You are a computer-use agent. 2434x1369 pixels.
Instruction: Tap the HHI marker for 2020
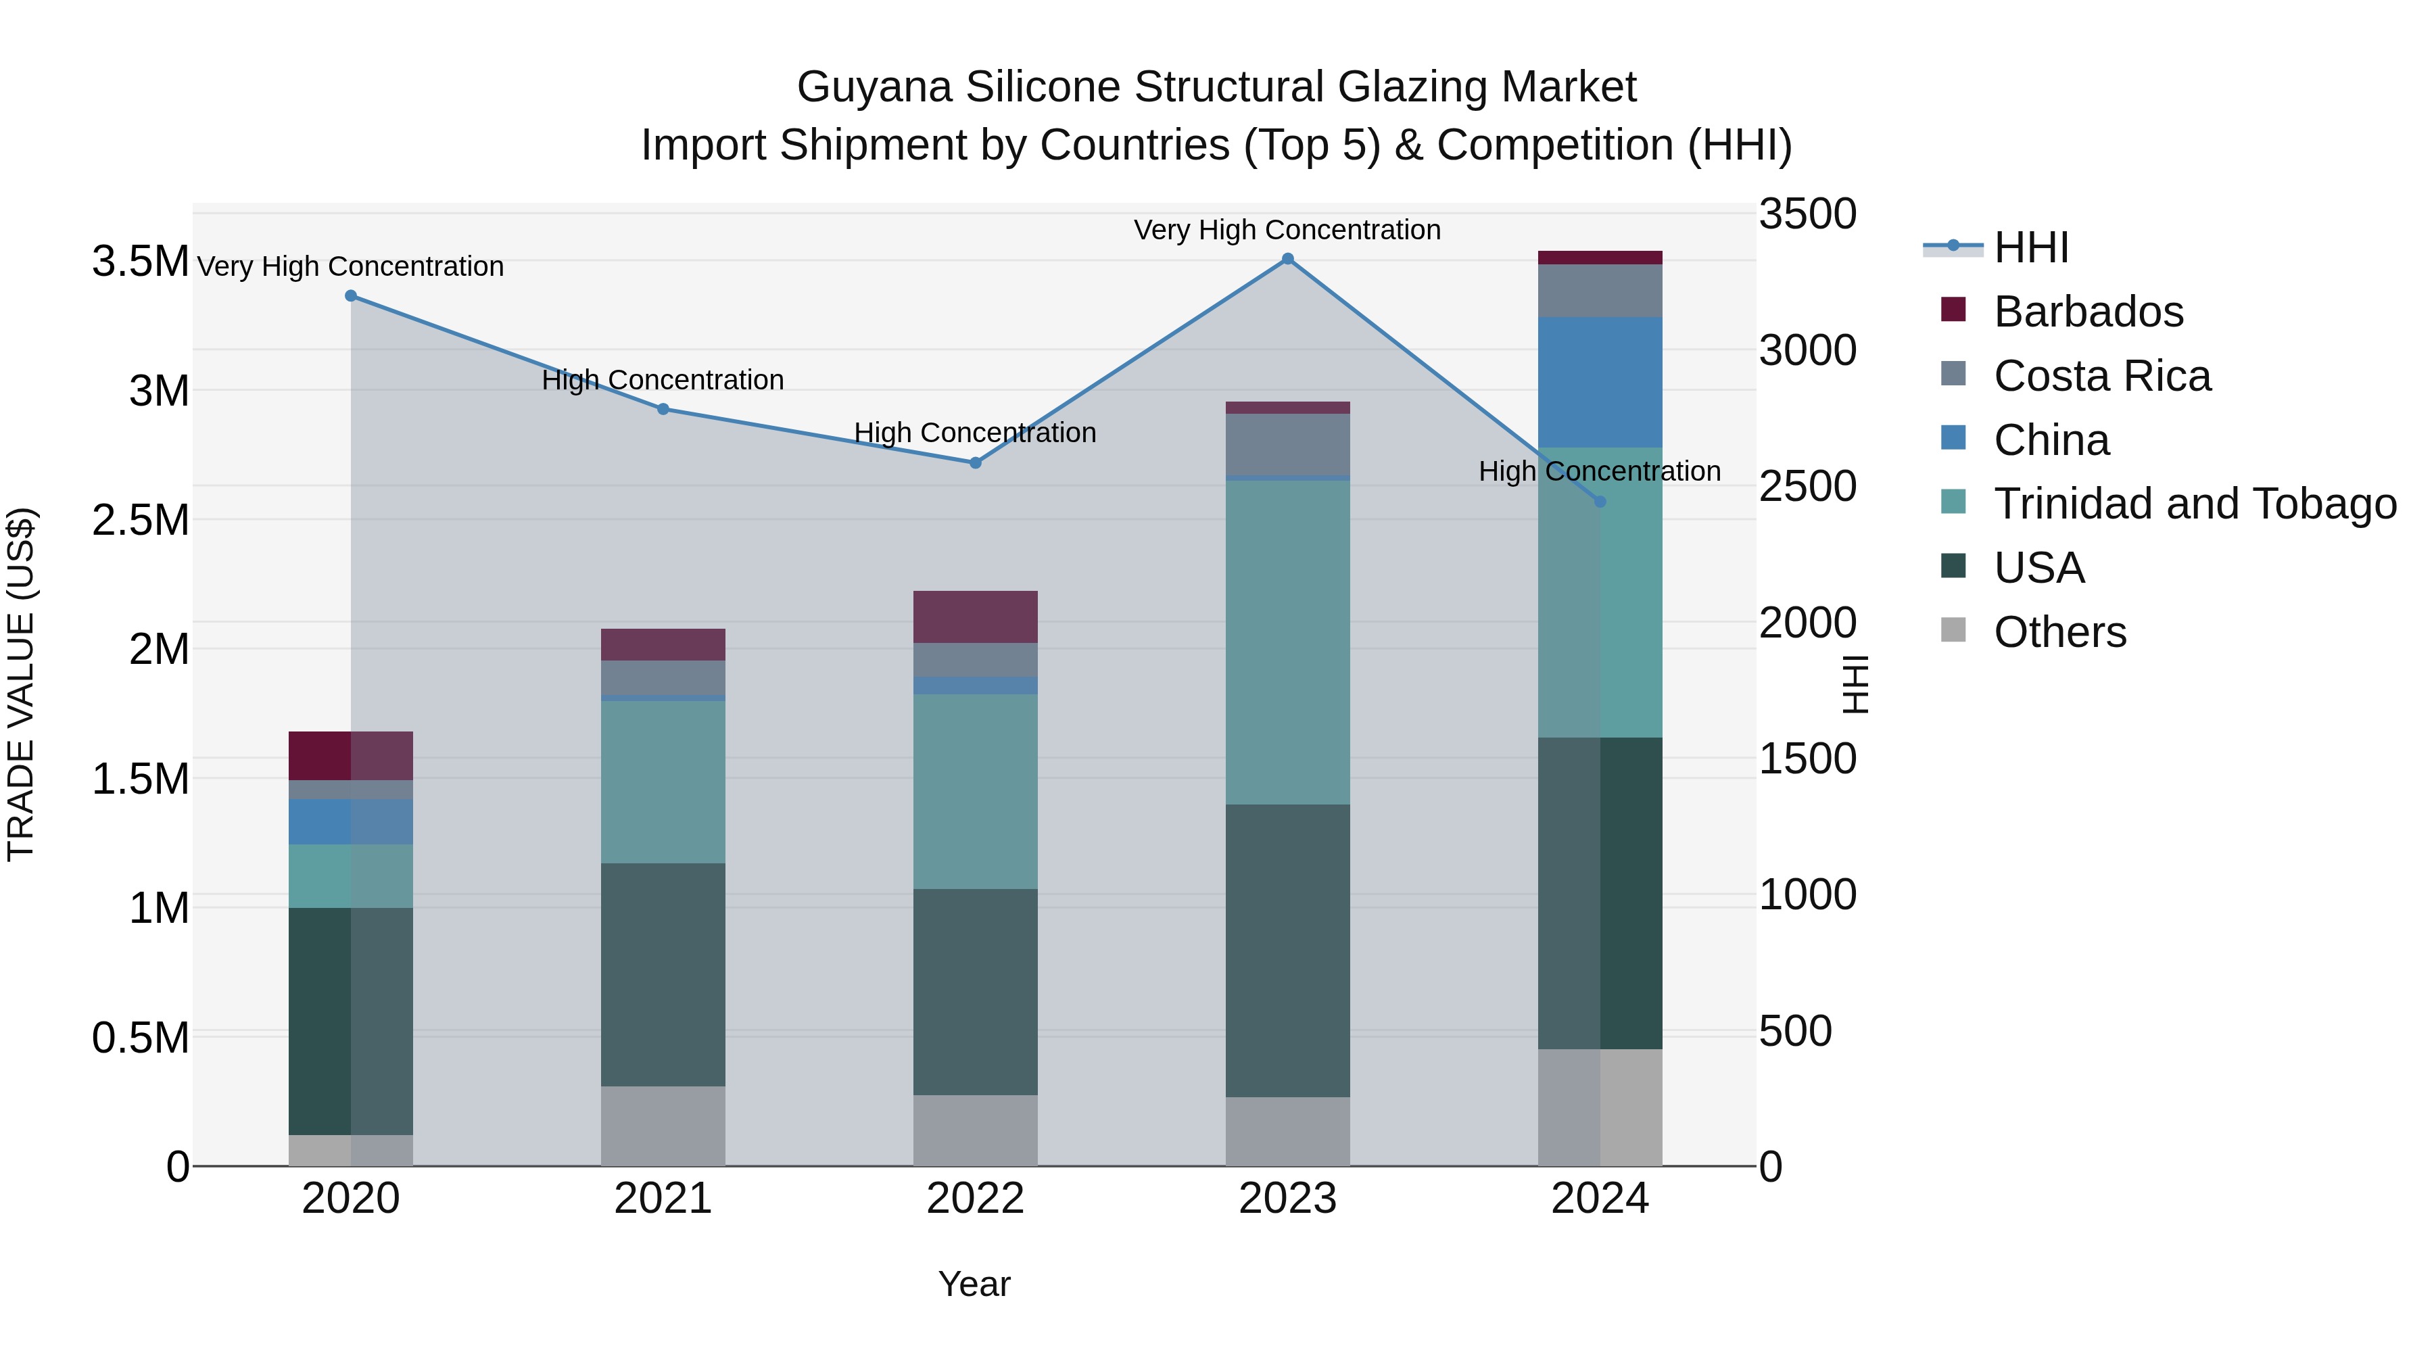point(350,295)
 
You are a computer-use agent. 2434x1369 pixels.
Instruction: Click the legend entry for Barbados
point(2089,312)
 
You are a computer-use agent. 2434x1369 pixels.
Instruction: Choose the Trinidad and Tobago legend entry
point(2194,504)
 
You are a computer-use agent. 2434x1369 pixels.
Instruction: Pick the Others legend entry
point(2060,632)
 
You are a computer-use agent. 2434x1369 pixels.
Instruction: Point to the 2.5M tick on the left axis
point(140,521)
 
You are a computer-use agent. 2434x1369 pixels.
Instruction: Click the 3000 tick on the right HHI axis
point(1807,350)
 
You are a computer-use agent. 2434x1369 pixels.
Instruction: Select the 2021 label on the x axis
point(663,1199)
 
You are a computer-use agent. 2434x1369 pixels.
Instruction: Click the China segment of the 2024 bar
point(1600,383)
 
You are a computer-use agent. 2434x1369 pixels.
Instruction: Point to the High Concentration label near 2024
point(1599,471)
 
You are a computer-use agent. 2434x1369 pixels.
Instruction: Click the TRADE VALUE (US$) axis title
point(21,684)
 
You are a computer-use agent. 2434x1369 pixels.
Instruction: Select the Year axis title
point(974,1284)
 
